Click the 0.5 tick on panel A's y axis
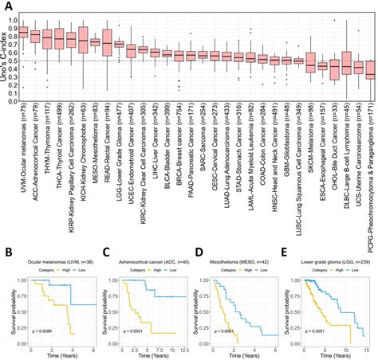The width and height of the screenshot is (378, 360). point(14,61)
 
